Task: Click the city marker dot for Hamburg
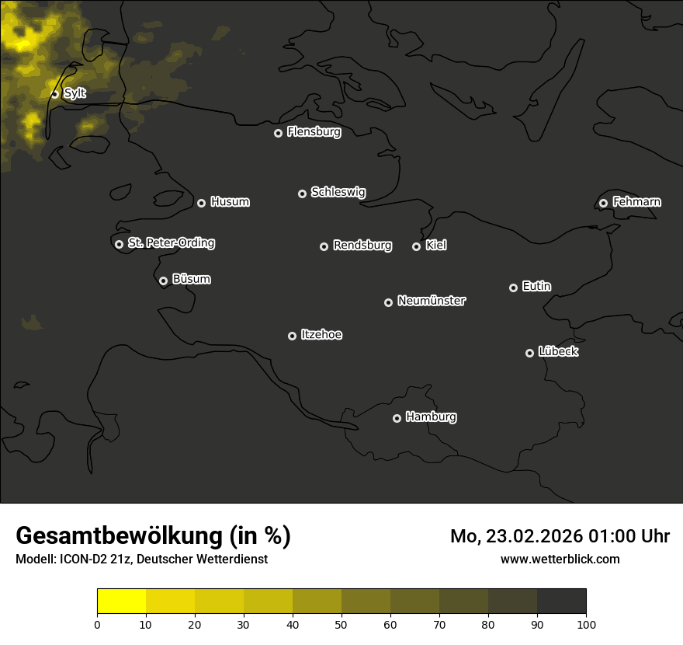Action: tap(397, 418)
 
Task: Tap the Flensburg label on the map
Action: tap(314, 132)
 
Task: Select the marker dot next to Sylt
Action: tap(55, 94)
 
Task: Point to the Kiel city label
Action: tap(436, 246)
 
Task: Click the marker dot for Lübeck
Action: tap(529, 353)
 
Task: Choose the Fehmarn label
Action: tap(636, 202)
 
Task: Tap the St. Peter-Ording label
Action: tap(171, 243)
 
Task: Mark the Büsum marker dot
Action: tap(163, 281)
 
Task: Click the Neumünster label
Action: tap(432, 301)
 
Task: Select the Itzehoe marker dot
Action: tap(292, 336)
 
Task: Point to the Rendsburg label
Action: tap(362, 246)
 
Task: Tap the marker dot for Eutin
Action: tap(513, 288)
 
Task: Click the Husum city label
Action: tap(230, 202)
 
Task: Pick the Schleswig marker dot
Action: tap(302, 193)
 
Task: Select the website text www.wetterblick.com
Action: tap(560, 559)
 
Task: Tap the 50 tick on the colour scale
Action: tap(341, 624)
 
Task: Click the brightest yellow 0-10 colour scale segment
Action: tap(122, 601)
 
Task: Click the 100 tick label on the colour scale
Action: tap(586, 624)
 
